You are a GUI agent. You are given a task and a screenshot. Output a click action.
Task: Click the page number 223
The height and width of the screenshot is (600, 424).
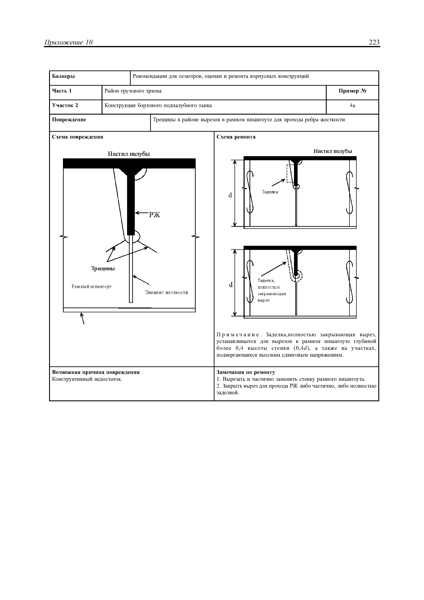374,42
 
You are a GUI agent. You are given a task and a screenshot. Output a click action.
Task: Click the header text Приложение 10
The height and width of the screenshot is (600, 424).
68,42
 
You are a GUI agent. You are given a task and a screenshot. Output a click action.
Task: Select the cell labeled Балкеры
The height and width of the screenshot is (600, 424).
63,76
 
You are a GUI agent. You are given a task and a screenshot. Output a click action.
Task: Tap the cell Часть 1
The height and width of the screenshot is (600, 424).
62,91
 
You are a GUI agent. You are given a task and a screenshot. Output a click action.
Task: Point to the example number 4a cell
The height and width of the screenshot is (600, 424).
352,106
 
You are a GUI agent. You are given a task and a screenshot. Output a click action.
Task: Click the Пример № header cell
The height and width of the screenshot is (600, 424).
352,91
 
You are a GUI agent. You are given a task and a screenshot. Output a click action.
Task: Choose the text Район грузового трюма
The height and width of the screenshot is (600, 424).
133,91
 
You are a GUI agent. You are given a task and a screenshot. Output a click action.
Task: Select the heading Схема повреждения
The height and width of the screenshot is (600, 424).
78,137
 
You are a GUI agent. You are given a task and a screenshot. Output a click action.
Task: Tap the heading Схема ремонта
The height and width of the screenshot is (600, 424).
236,137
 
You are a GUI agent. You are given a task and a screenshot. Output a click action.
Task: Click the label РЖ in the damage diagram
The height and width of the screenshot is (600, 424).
154,215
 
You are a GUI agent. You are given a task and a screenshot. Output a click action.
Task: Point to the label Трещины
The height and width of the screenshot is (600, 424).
103,269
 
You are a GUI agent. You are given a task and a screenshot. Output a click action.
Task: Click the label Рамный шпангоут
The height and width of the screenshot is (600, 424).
92,287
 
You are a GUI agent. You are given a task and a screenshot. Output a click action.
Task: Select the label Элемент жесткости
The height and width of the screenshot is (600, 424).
166,293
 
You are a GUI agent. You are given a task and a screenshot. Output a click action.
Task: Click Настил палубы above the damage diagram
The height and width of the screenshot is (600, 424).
129,154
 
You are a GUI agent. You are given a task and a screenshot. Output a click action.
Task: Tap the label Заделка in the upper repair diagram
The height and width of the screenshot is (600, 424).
270,192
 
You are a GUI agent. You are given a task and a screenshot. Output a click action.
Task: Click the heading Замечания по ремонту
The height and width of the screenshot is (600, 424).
246,372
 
